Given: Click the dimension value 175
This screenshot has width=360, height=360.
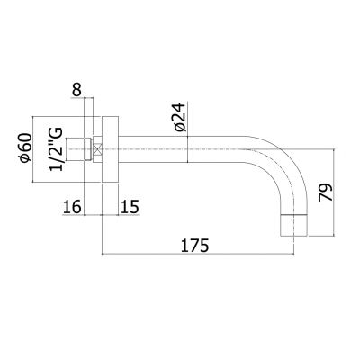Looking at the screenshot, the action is [x=194, y=246].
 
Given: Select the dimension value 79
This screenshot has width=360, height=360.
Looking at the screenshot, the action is [x=326, y=193].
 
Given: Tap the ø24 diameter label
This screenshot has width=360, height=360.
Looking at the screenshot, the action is [x=180, y=117].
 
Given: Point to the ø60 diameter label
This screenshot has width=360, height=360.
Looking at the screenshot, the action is [x=25, y=148].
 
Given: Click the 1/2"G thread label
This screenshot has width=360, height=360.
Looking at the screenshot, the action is [x=56, y=149].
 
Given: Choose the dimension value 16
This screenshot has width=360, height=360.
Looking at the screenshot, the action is [x=72, y=207].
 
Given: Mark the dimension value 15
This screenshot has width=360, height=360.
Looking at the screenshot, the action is [x=130, y=207].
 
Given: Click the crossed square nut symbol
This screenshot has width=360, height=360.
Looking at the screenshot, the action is [x=97, y=149].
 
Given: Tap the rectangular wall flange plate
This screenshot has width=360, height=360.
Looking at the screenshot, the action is [x=111, y=149].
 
